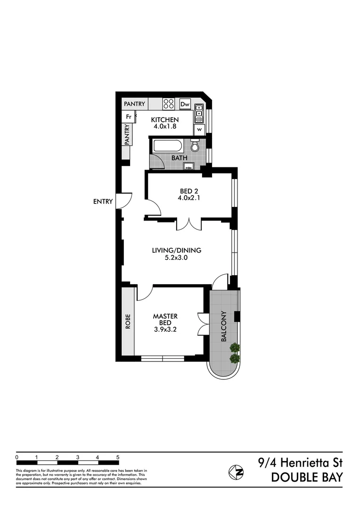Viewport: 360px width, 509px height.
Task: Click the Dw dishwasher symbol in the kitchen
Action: [185, 104]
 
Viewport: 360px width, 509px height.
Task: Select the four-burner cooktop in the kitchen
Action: [169, 104]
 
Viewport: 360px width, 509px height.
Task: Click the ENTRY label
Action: [103, 202]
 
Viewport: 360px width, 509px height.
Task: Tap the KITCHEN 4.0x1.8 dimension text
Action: [165, 126]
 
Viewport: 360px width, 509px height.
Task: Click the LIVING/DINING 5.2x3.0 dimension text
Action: [176, 257]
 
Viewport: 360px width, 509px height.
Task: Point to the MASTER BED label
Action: [165, 320]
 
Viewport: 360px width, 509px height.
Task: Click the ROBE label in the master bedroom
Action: [127, 321]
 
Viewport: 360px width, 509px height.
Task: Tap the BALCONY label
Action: [224, 326]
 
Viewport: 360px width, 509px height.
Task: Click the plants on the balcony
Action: [234, 353]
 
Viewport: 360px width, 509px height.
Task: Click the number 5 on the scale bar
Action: [118, 457]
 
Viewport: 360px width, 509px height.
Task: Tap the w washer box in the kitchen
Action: [199, 129]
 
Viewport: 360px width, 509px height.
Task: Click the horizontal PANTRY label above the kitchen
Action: [134, 104]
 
